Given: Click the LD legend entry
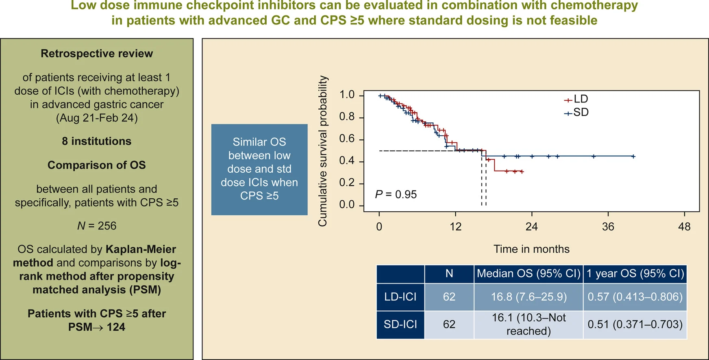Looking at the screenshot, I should coord(576,99).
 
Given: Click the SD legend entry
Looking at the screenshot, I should coord(576,113).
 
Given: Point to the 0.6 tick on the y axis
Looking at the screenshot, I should coord(347,139).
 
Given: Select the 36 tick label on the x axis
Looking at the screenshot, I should coord(608,227).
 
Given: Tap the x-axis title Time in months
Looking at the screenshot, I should coord(531,249).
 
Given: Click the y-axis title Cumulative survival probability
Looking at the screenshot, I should coord(322,151).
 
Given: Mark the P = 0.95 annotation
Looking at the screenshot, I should coord(396,195).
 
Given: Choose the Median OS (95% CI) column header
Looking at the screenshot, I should coord(528,273).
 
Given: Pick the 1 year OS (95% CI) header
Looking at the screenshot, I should coord(635,273).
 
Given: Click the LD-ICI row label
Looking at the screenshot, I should coord(400,297).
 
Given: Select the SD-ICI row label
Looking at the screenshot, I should coord(400,324).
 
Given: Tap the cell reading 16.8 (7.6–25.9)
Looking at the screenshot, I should coord(528,297).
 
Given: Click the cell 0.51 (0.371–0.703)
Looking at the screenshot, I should coord(635,324).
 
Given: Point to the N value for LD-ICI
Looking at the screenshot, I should coord(449,297).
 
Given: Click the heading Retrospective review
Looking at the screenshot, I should coord(97,54).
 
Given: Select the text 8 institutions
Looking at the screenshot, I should coord(97,141).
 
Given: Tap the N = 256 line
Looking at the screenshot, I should coord(97,226).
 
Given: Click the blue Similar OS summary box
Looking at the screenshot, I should coord(259,169).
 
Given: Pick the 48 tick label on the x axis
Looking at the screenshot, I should coord(684,227).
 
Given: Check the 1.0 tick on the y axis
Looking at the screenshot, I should coord(347,95).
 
